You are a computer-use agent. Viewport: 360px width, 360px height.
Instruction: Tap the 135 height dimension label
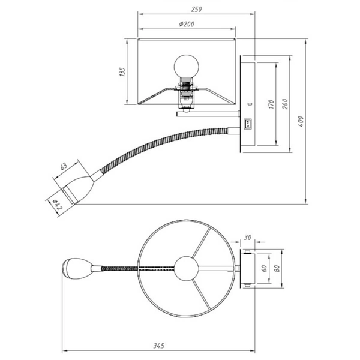click(122, 72)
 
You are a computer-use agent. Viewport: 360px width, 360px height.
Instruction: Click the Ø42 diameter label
click(55, 205)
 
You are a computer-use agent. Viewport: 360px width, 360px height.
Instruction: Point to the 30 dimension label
click(248, 238)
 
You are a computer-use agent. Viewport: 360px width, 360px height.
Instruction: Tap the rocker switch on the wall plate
click(248, 124)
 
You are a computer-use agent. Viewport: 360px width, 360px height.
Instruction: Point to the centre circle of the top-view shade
click(185, 267)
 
